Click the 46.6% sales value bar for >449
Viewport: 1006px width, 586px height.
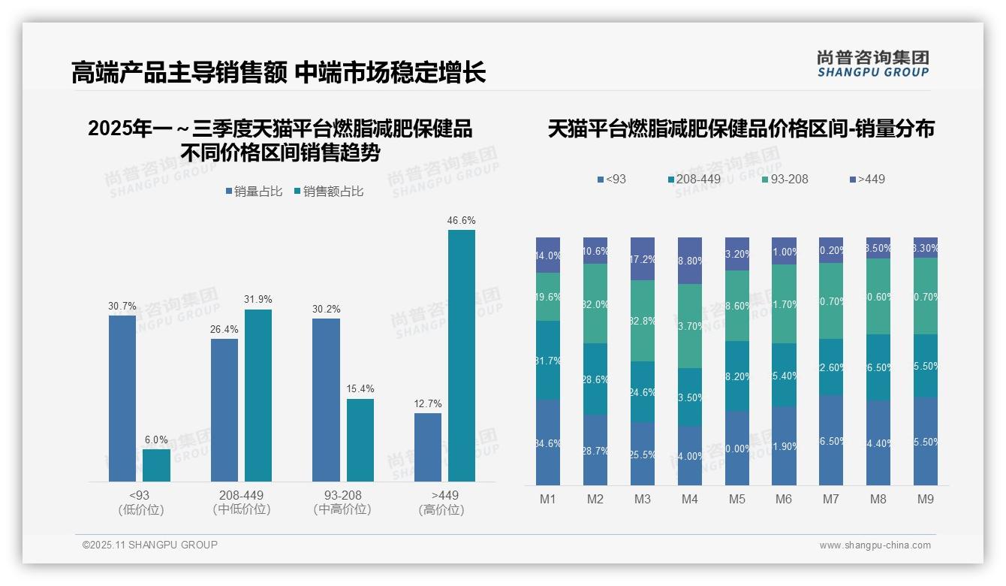[462, 355]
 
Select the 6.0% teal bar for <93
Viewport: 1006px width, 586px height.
[156, 465]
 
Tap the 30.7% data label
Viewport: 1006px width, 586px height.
[122, 307]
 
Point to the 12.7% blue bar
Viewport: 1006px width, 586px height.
[428, 447]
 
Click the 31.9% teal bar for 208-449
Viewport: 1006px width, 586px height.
[258, 395]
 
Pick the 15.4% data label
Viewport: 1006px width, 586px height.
[360, 389]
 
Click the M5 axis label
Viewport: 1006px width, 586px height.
[736, 499]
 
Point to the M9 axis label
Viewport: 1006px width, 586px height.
[925, 499]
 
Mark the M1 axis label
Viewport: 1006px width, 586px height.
[548, 499]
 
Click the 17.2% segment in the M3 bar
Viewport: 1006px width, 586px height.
[643, 258]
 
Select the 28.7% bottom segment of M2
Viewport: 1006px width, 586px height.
[595, 450]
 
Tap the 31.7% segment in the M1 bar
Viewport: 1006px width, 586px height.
[548, 360]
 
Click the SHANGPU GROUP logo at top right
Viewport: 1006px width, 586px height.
[872, 64]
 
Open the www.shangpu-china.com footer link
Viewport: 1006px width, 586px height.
[875, 545]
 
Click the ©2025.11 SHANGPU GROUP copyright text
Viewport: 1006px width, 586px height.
[150, 545]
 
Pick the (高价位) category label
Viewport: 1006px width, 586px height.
[441, 509]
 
